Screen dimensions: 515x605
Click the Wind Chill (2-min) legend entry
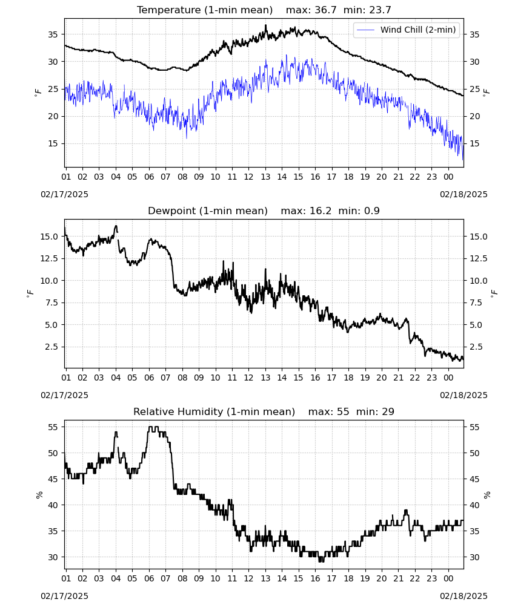click(x=407, y=30)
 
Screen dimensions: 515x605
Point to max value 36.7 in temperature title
click(x=325, y=10)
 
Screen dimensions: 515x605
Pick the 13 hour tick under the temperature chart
click(x=265, y=177)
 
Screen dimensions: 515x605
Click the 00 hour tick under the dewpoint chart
click(x=448, y=378)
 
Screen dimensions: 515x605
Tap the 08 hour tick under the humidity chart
click(x=182, y=578)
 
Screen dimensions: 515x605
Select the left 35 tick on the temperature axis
click(x=53, y=34)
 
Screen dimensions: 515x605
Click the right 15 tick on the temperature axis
click(x=474, y=143)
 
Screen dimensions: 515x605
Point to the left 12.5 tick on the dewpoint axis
click(x=49, y=258)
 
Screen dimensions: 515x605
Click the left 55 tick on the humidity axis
click(x=53, y=427)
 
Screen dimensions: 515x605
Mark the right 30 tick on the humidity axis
click(x=474, y=557)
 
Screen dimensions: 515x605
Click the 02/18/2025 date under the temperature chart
click(x=463, y=194)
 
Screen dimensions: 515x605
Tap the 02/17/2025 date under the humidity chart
click(x=64, y=596)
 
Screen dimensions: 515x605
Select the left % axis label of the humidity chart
click(x=39, y=495)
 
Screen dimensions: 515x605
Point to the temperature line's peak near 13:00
click(x=266, y=25)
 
